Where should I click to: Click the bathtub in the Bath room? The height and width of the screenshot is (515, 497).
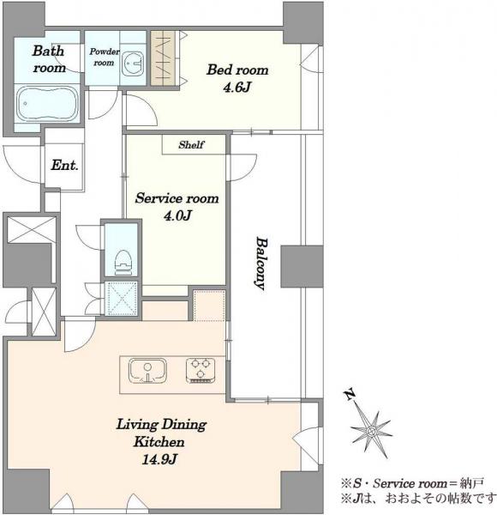(47, 104)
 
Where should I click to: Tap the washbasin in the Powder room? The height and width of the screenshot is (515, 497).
(133, 64)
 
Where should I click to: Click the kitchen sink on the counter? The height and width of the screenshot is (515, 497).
(147, 371)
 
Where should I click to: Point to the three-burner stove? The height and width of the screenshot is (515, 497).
(201, 371)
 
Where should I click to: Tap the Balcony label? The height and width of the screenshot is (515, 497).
(261, 264)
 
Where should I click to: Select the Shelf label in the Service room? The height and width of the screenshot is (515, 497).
(191, 145)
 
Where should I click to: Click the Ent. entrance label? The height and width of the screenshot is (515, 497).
(64, 165)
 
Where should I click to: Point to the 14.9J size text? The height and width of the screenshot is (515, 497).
(159, 459)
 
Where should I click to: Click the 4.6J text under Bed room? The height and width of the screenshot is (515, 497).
(237, 88)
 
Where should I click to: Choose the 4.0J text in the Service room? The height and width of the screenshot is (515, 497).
(177, 215)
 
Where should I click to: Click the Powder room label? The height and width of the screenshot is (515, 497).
(105, 57)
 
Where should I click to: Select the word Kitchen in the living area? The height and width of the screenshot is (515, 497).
(159, 442)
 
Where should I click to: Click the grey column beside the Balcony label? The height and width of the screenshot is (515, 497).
(302, 266)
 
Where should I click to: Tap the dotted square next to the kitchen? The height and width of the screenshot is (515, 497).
(209, 305)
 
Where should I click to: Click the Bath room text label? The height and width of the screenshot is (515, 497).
(49, 59)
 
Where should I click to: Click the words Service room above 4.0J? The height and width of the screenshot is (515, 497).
(177, 198)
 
